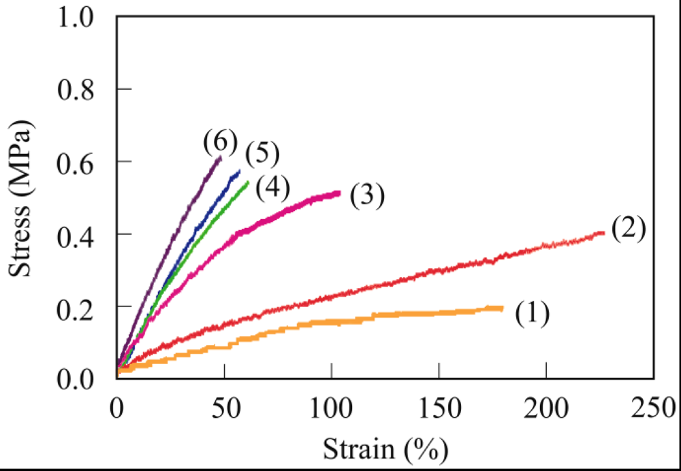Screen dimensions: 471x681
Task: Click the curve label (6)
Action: tap(220, 142)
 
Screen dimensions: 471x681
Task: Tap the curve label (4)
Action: tap(272, 186)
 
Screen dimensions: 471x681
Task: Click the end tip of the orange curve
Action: tap(502, 308)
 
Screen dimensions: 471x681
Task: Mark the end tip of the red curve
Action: tap(603, 233)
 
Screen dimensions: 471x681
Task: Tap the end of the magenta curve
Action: tap(339, 193)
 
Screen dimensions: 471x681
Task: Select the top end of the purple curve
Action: tap(221, 157)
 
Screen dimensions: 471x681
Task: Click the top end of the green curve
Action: tap(248, 182)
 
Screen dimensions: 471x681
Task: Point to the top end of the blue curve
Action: tap(240, 170)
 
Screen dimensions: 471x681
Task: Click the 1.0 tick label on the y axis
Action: tap(83, 17)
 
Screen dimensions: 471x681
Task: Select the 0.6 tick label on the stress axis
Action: tap(83, 162)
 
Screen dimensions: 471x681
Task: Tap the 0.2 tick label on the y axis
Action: tap(83, 307)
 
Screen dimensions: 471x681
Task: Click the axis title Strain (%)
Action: tap(385, 449)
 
